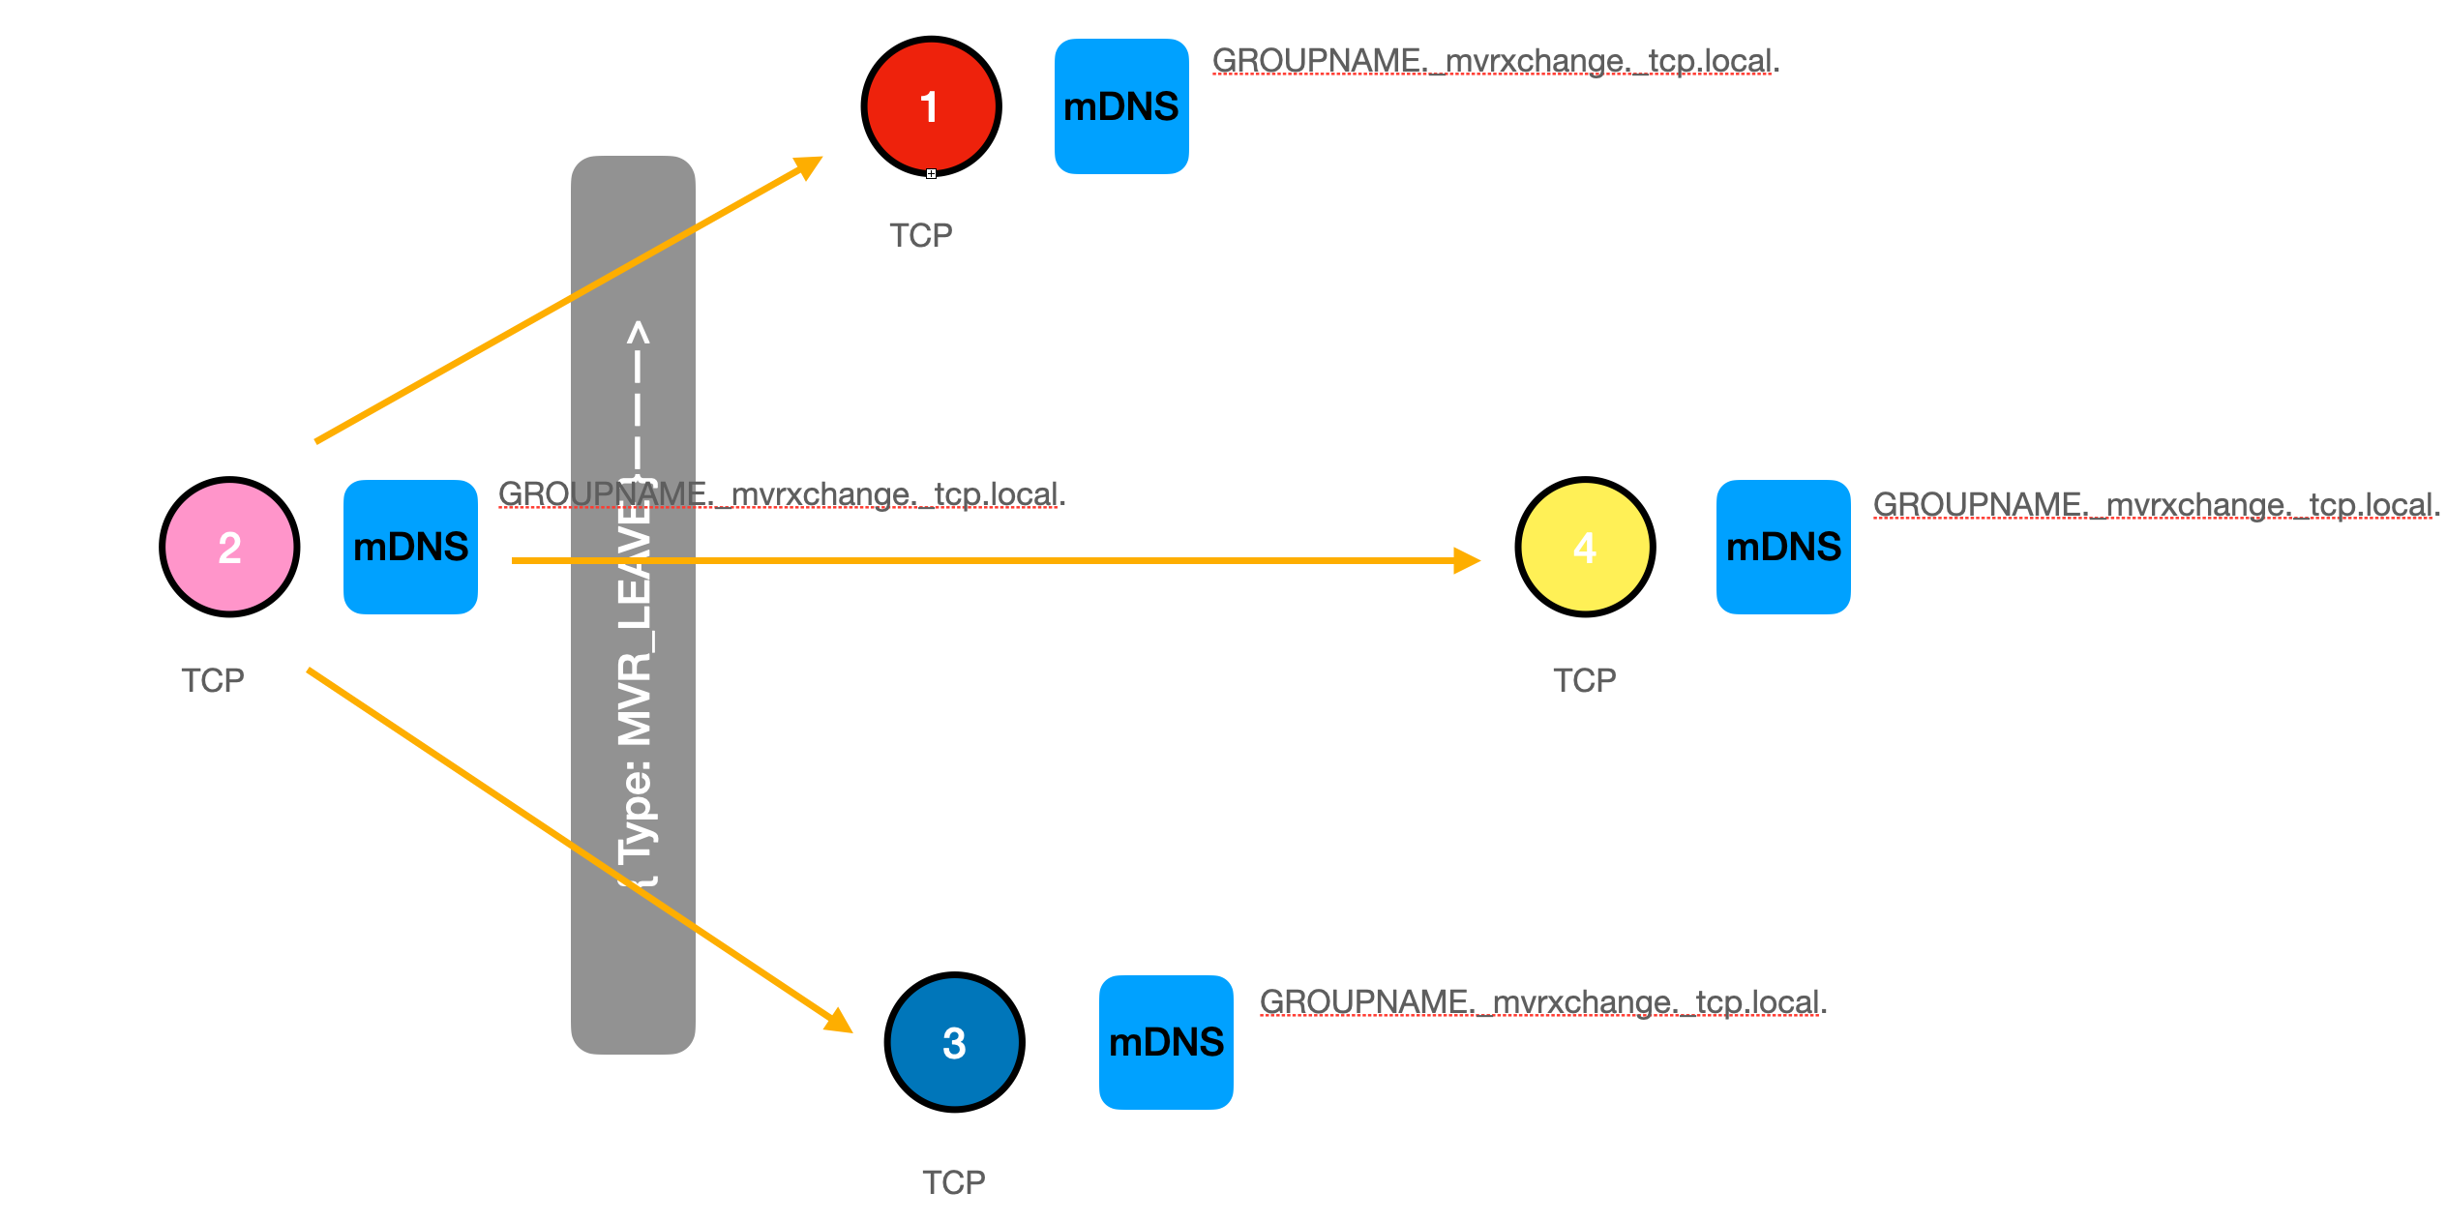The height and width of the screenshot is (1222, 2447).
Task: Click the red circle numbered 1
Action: click(931, 106)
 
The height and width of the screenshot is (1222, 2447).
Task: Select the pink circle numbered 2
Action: click(229, 547)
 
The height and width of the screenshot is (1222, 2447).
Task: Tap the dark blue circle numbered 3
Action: click(954, 1042)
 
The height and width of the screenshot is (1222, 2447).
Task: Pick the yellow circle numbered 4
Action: click(1585, 547)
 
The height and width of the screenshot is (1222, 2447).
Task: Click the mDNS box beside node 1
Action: click(1121, 106)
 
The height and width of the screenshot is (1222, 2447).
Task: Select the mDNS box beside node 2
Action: click(410, 547)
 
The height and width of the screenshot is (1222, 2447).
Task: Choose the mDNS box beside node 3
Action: click(1166, 1042)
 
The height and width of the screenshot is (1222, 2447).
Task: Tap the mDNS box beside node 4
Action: click(1783, 547)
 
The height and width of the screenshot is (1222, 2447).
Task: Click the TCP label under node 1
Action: click(921, 235)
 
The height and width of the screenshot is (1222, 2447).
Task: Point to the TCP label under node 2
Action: click(213, 680)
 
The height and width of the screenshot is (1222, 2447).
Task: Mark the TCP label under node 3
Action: click(954, 1182)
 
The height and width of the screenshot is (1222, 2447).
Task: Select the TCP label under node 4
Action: click(1585, 680)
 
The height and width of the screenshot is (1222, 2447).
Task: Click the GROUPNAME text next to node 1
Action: click(1496, 61)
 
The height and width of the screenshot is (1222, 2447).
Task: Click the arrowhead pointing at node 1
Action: click(809, 166)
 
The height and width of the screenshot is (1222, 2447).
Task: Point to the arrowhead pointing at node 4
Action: click(1467, 560)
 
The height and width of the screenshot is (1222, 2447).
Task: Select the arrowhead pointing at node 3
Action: click(839, 1022)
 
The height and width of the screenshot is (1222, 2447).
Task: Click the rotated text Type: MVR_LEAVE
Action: click(636, 677)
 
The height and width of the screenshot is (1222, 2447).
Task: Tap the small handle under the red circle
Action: click(931, 174)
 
